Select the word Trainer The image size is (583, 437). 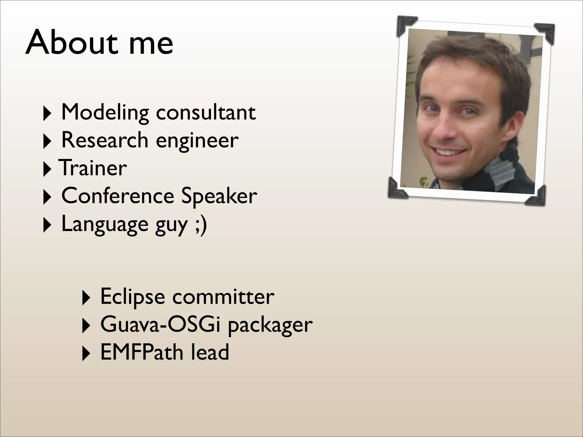(x=93, y=168)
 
